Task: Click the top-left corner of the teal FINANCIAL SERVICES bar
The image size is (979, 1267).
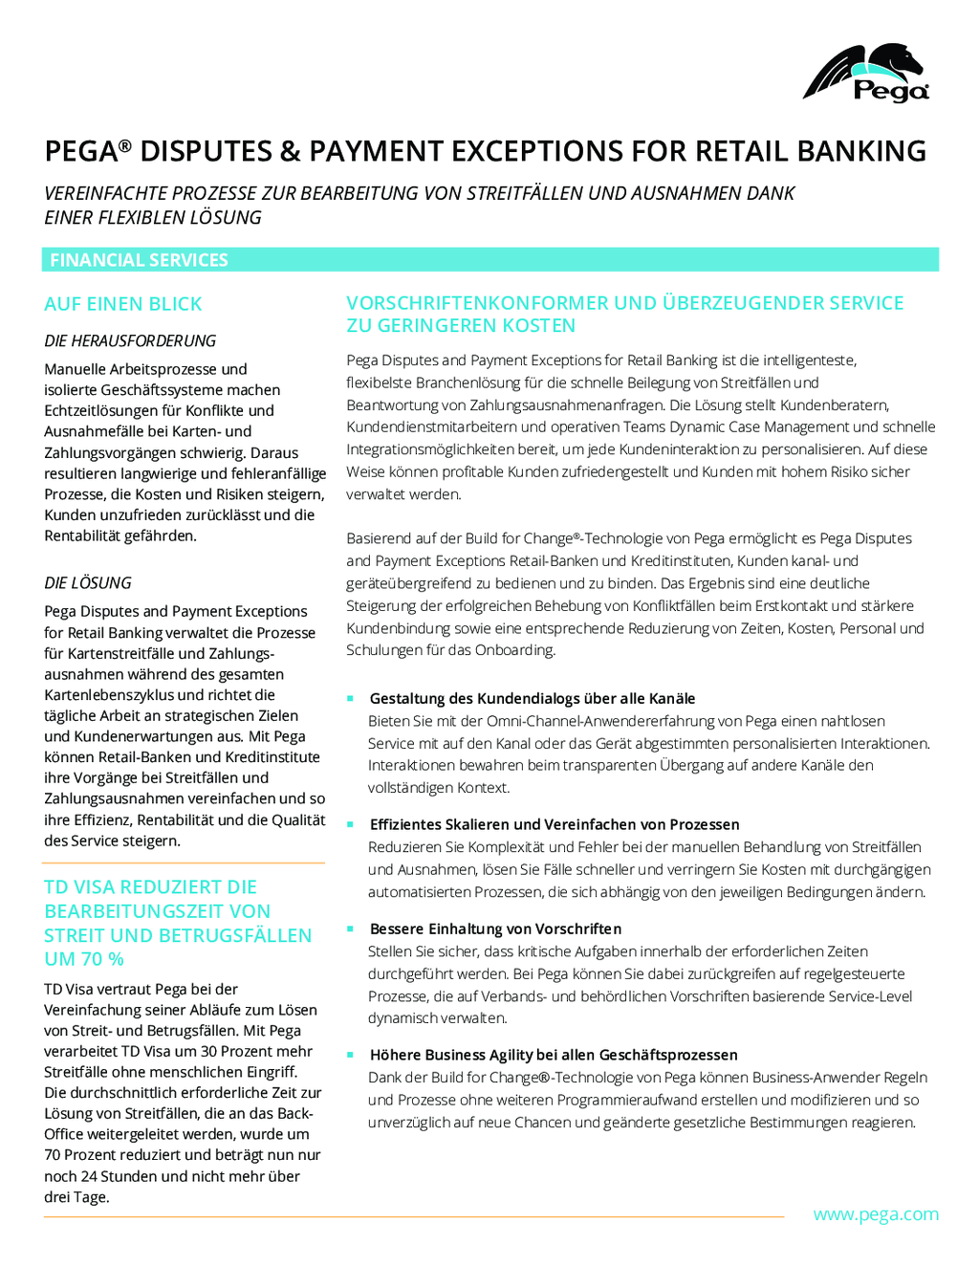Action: click(x=42, y=248)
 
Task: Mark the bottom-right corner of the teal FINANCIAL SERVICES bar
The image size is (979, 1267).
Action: click(x=939, y=272)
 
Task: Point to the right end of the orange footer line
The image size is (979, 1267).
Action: click(x=784, y=1217)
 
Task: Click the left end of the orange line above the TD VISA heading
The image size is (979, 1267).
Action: click(x=42, y=863)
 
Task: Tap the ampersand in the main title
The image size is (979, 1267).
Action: click(x=290, y=151)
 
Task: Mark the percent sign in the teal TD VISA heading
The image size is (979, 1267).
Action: click(x=116, y=959)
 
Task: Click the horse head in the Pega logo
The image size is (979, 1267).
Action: click(x=898, y=60)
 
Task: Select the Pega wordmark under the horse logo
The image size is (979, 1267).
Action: click(x=891, y=91)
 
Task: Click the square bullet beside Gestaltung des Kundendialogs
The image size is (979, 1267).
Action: click(x=350, y=698)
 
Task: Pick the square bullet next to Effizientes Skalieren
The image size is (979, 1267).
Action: click(x=350, y=824)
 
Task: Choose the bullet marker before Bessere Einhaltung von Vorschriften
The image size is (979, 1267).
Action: click(x=350, y=928)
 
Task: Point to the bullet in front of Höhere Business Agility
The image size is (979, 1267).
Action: click(x=350, y=1054)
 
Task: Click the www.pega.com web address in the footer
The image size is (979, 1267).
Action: click(x=876, y=1215)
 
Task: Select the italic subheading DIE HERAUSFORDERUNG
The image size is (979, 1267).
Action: click(x=130, y=340)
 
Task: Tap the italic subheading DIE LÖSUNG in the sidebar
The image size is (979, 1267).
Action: click(x=88, y=582)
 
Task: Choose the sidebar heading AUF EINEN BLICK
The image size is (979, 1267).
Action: click(x=123, y=304)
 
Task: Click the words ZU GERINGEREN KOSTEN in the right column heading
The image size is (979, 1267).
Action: click(x=461, y=325)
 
